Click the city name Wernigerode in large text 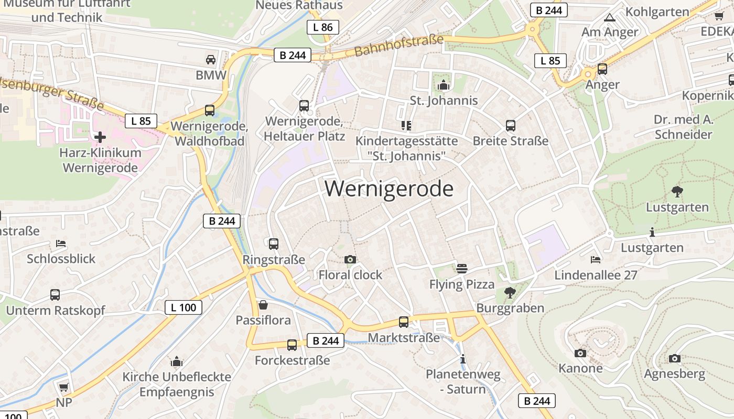coord(389,189)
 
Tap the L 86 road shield coord(323,27)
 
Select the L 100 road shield coord(183,307)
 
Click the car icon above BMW coord(211,60)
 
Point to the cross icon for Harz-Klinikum coord(100,137)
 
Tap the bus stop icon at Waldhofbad coord(210,111)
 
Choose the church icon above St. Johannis coord(444,84)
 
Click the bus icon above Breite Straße coord(511,126)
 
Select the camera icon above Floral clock coord(350,259)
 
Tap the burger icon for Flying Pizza coord(462,269)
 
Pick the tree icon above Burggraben coord(510,292)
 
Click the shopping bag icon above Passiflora coord(263,304)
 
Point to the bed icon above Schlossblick coord(61,244)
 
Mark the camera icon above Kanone coord(580,353)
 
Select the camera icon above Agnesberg coord(675,359)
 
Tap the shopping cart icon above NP coord(64,388)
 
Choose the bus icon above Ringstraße coord(273,244)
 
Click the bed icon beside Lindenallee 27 coord(595,259)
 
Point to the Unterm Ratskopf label coord(56,311)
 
